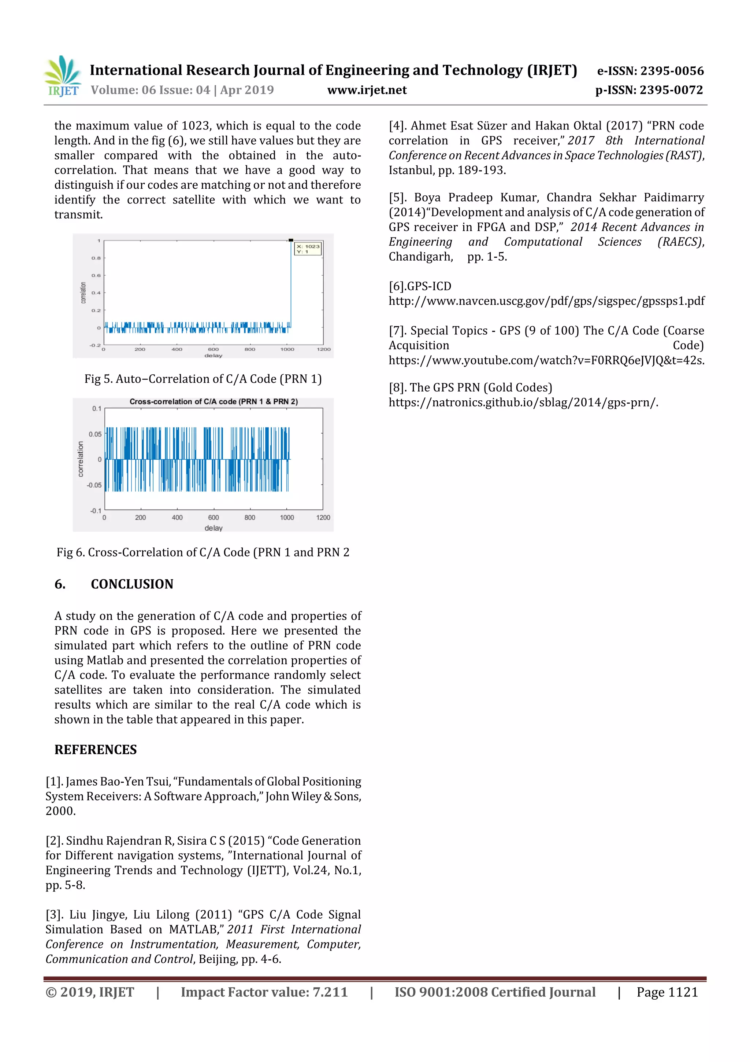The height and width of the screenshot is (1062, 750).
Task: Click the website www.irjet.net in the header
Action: coord(367,90)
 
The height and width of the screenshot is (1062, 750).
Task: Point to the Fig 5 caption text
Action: coord(203,379)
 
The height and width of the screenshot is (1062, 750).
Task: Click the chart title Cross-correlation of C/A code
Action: coord(214,401)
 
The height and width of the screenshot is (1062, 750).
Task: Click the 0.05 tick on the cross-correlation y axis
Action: coord(95,434)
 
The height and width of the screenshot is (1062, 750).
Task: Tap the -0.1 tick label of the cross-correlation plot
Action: coord(95,511)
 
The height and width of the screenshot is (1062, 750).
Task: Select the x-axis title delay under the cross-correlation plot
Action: coord(214,528)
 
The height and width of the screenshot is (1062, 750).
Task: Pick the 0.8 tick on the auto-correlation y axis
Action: coord(96,258)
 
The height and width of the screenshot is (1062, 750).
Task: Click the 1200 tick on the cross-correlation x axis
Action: coord(323,518)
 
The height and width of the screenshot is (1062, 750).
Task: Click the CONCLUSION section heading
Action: coord(132,584)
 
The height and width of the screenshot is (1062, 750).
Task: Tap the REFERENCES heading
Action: coord(96,750)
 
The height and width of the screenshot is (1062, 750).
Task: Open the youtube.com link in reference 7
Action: coord(546,361)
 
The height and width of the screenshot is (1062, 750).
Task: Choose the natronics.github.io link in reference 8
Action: coord(523,403)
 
